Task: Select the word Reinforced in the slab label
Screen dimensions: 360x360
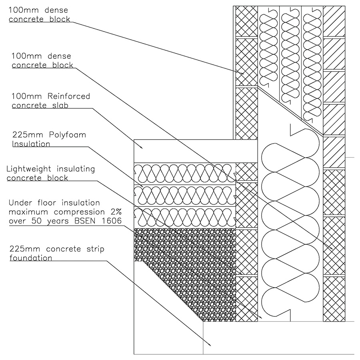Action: (x=68, y=96)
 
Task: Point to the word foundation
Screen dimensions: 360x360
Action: (x=31, y=258)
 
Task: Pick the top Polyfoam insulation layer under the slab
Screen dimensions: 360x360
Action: (x=184, y=173)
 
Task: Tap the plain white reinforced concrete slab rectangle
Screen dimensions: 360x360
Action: (x=184, y=150)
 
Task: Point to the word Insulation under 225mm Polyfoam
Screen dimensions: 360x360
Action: (x=31, y=144)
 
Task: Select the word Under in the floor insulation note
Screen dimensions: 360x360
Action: (x=19, y=203)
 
